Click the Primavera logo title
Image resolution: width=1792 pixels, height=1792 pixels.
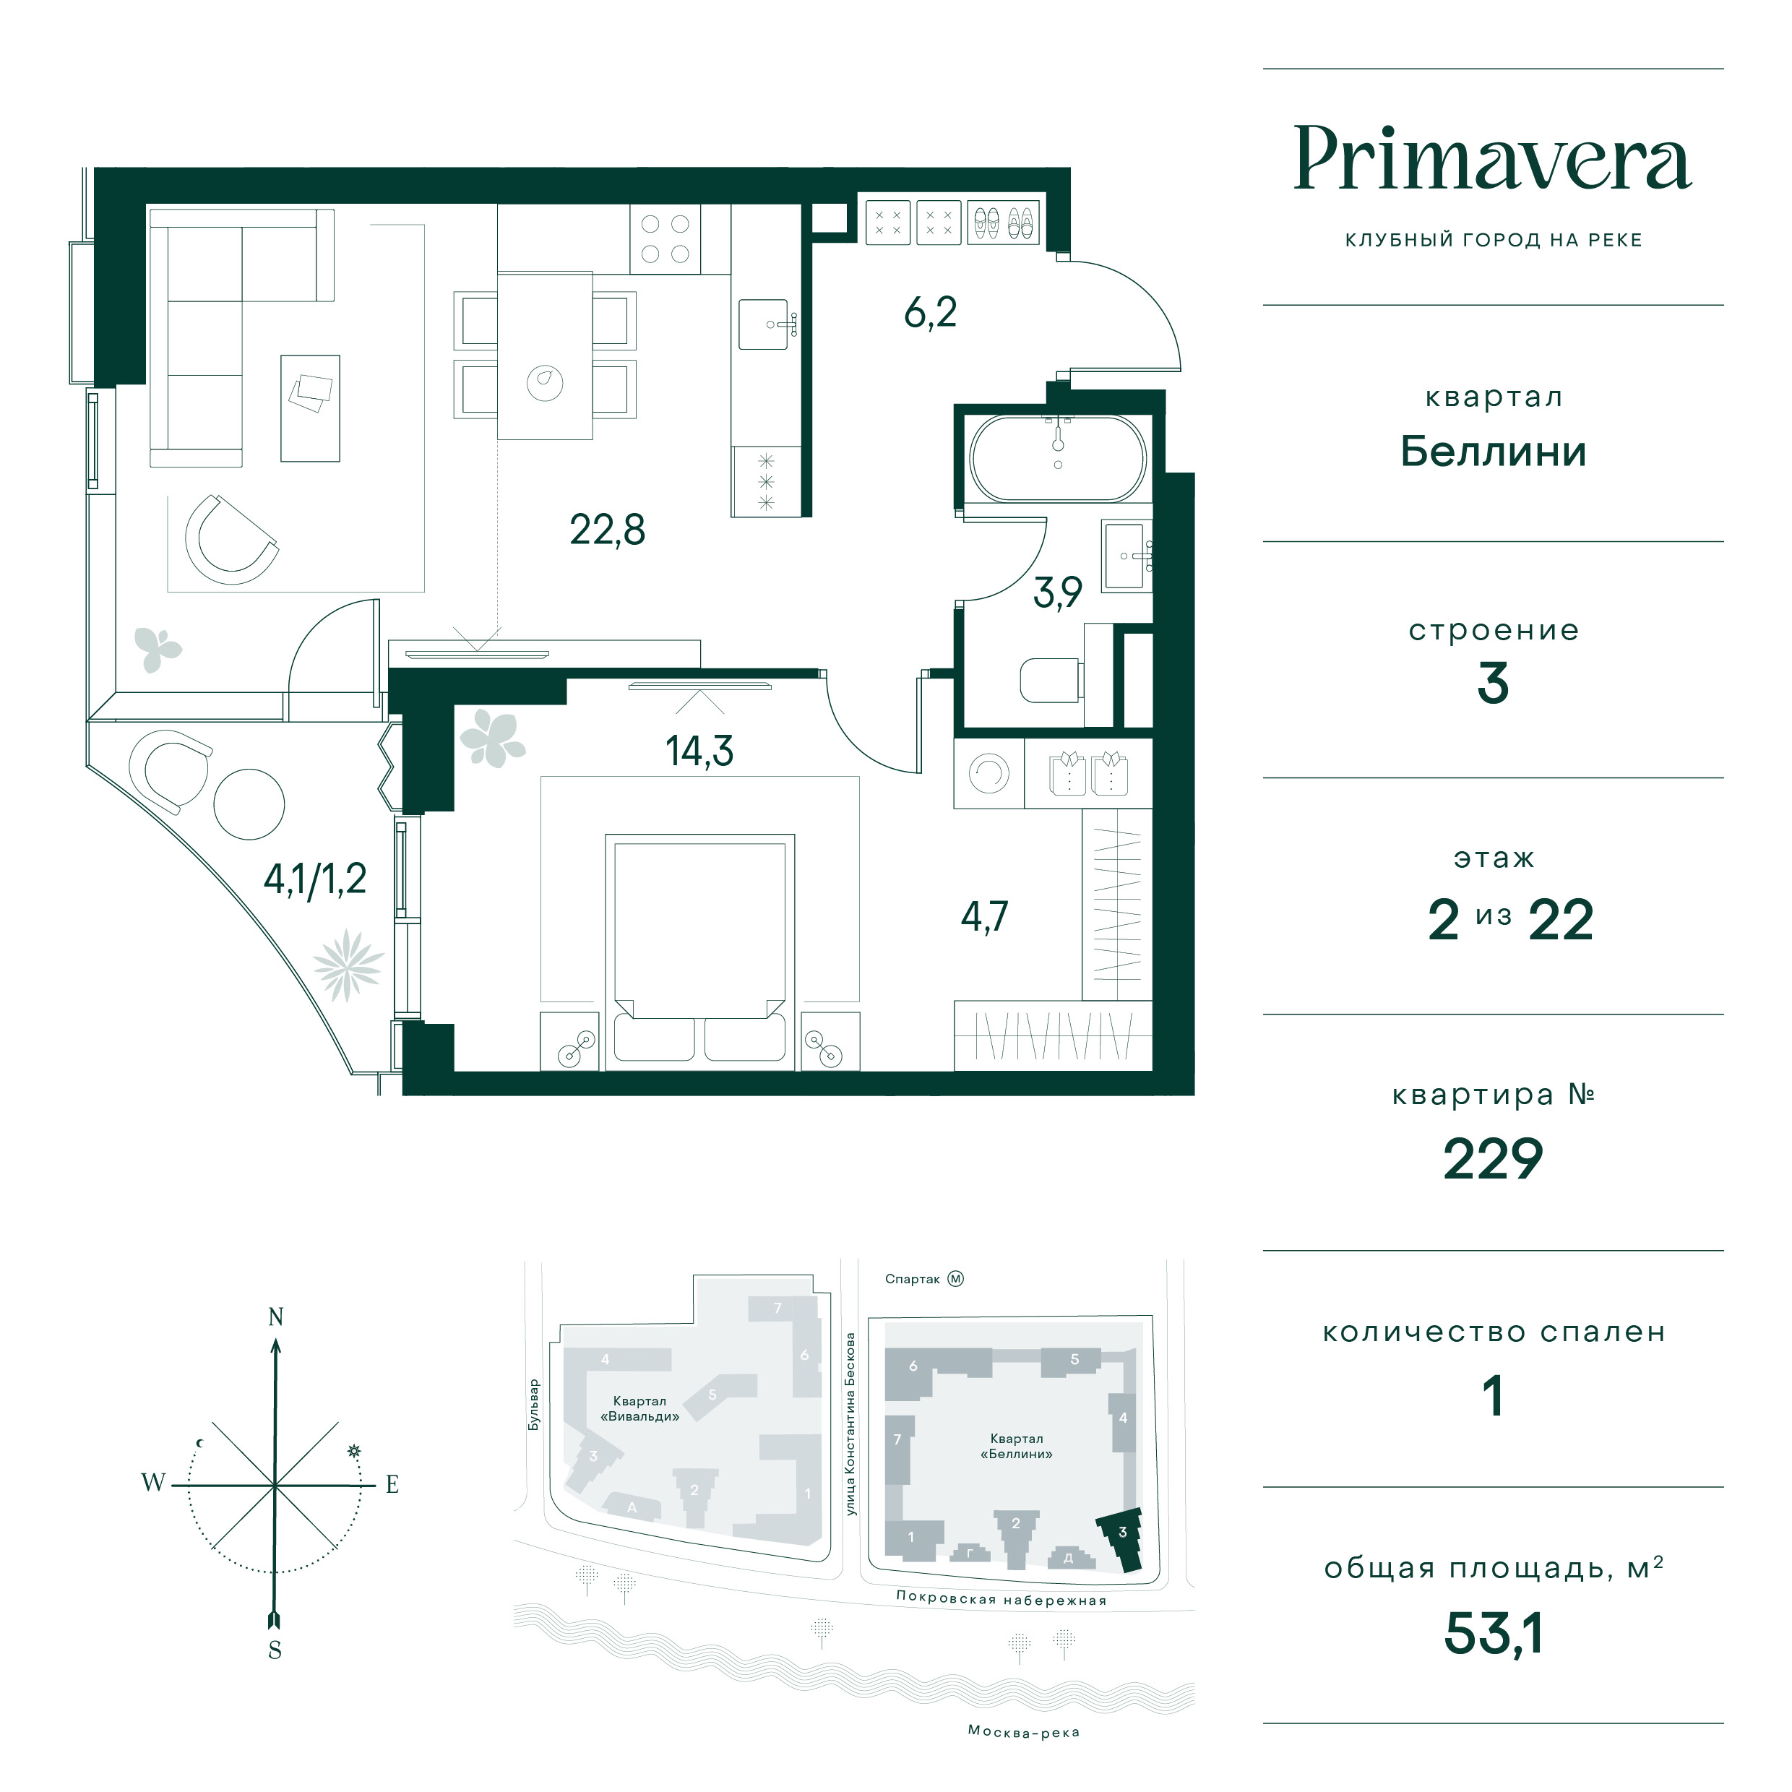pyautogui.click(x=1492, y=159)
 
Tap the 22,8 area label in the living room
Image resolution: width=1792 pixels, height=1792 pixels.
pyautogui.click(x=608, y=530)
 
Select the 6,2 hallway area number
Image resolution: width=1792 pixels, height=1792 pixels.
pyautogui.click(x=930, y=313)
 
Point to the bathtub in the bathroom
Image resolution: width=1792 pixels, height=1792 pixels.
pyautogui.click(x=1057, y=459)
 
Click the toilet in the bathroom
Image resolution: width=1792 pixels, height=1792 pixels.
pyautogui.click(x=1051, y=681)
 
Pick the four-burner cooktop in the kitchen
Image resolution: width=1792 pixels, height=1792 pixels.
pyautogui.click(x=665, y=238)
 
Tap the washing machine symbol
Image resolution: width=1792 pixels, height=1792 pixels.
pyautogui.click(x=988, y=774)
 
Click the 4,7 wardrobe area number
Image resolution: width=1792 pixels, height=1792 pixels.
pyautogui.click(x=984, y=916)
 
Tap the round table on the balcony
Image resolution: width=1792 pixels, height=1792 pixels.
pyautogui.click(x=249, y=804)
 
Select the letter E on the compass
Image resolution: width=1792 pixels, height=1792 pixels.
pyautogui.click(x=392, y=1484)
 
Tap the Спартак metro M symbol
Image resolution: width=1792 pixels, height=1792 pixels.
pyautogui.click(x=955, y=1279)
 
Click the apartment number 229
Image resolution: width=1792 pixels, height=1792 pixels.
pyautogui.click(x=1492, y=1160)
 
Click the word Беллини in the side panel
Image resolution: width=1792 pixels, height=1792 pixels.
pyautogui.click(x=1492, y=452)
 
